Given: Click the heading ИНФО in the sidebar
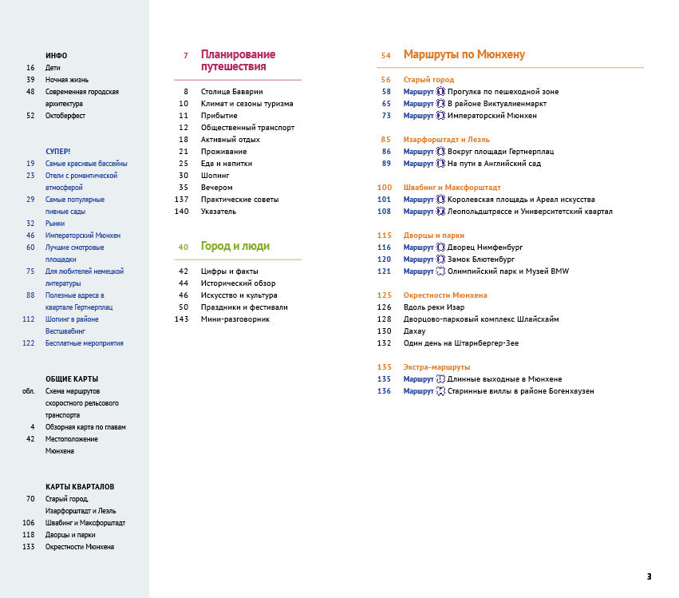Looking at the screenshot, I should (57, 56).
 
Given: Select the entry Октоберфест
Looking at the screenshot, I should (65, 116).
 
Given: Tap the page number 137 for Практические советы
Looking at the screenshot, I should (181, 200).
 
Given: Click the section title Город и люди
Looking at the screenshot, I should (235, 247).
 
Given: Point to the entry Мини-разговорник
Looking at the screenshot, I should (235, 319).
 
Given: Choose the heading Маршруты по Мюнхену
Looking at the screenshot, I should (464, 55).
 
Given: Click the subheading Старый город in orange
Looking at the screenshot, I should (428, 80).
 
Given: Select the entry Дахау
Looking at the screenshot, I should (415, 331).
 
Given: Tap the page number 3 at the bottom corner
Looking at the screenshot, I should (649, 576).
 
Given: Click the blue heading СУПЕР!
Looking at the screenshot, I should (58, 152).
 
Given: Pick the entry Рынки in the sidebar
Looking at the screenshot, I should (57, 224).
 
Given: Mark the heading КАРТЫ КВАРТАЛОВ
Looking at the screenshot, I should (80, 487).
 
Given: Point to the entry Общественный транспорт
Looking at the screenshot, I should (247, 128).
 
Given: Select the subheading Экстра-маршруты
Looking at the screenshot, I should (436, 367).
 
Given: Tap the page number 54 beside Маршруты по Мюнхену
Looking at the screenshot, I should (385, 56).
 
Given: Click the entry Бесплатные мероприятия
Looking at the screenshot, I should (85, 343).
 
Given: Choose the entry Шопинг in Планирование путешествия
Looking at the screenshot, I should (215, 176).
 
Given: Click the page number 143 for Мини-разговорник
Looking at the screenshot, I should (181, 319).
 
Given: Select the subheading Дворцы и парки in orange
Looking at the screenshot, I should (433, 236).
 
